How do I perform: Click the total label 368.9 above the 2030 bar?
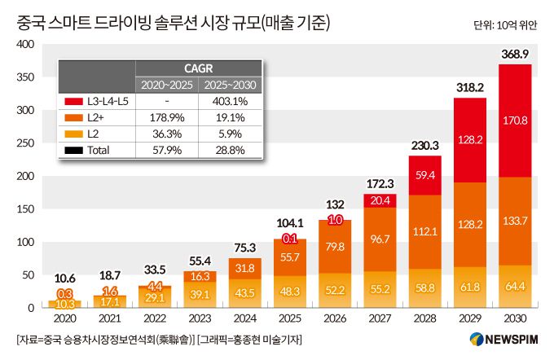(x=514, y=53)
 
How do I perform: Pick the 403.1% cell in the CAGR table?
(x=231, y=102)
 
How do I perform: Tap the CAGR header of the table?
(x=200, y=68)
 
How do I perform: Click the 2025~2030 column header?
(x=231, y=85)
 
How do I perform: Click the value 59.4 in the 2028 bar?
(x=425, y=174)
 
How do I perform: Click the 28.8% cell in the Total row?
(x=231, y=150)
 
